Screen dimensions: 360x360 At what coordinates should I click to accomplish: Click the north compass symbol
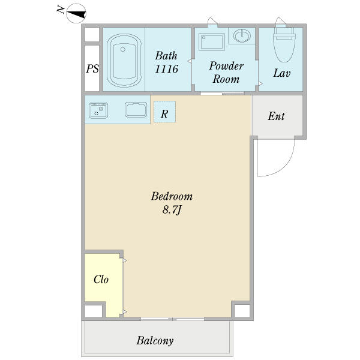coord(76,13)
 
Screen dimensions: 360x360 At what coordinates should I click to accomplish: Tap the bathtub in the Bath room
coord(124,61)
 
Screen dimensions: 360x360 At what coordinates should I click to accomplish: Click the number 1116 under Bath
coord(166,69)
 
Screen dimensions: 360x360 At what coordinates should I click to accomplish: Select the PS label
coord(92,68)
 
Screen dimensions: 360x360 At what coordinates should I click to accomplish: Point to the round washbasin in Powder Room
coord(242,36)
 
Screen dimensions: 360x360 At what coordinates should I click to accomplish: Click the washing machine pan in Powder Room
coord(212,42)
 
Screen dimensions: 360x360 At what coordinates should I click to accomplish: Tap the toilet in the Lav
coord(284,45)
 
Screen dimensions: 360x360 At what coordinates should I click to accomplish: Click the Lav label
coord(282,73)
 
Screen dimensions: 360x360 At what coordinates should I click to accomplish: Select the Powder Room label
coord(226,73)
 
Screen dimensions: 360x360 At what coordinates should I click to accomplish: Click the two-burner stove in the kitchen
coord(98,110)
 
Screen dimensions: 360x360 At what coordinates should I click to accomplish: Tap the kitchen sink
coord(136,110)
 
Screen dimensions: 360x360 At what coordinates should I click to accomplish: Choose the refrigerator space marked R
coord(164,112)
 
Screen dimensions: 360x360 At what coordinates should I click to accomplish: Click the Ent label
coord(277,116)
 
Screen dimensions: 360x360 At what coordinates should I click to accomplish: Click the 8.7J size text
coord(172,210)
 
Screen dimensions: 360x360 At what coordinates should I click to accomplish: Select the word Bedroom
coord(172,196)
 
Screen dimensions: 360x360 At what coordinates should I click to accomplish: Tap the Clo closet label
coord(101,280)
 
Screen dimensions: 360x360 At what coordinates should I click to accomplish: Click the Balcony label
coord(155,341)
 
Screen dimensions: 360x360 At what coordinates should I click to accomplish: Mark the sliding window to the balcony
coord(172,319)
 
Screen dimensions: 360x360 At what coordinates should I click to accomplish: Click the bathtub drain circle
coord(123,49)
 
